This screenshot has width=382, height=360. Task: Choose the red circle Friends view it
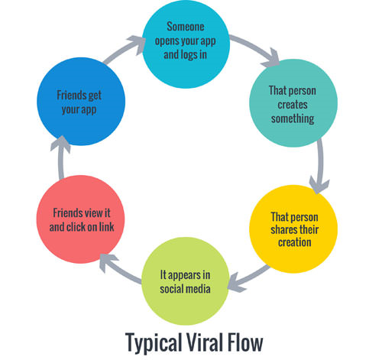point(80,220)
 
